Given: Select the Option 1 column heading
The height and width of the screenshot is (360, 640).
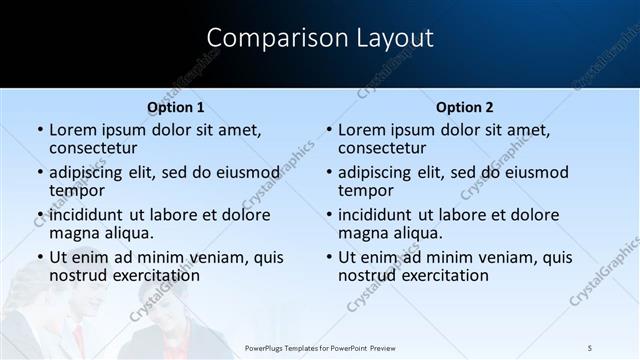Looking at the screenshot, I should pyautogui.click(x=176, y=107).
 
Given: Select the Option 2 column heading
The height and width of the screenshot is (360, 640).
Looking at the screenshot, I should pyautogui.click(x=465, y=107).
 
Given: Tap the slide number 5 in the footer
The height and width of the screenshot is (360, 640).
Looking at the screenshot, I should pyautogui.click(x=589, y=347).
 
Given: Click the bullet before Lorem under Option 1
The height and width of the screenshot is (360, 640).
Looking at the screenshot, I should pyautogui.click(x=39, y=130).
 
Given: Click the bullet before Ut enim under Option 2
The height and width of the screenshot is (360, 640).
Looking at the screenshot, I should pyautogui.click(x=328, y=257).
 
